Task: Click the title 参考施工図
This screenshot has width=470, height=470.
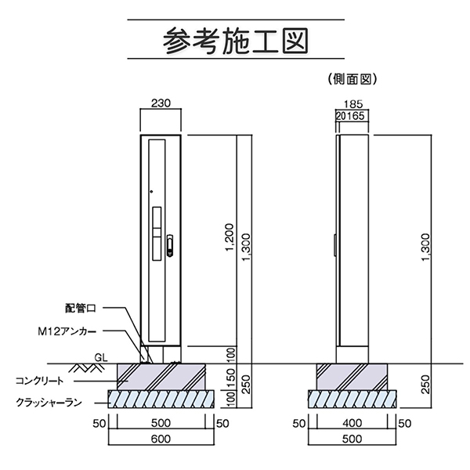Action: point(234,38)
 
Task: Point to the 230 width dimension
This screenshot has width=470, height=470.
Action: point(161,103)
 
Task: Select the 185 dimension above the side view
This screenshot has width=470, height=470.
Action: point(353,103)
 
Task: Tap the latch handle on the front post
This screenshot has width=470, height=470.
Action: point(170,248)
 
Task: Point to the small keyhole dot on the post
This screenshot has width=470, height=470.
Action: point(150,191)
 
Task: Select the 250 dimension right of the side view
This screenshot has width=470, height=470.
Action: point(425,385)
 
